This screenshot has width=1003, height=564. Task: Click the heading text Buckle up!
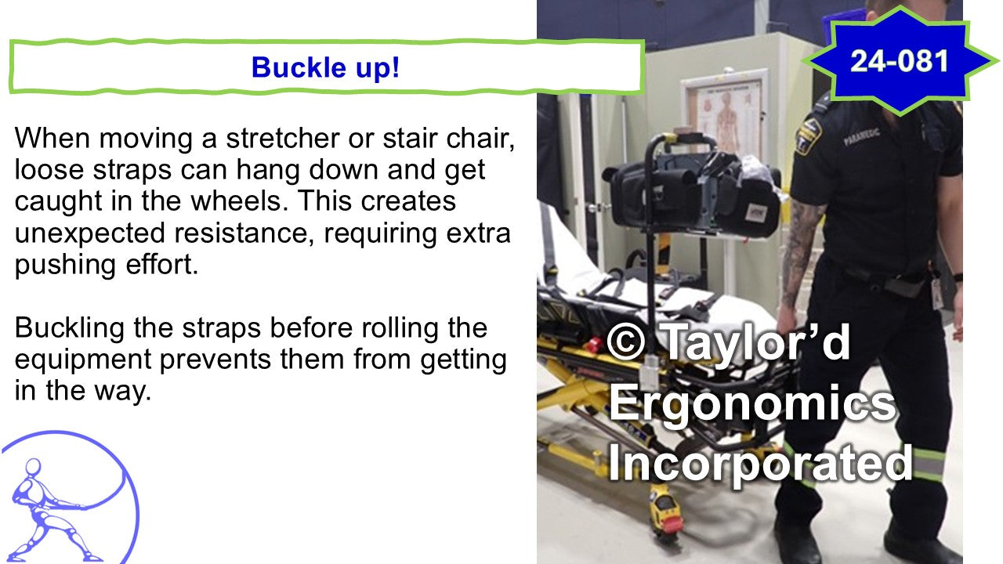pos(325,67)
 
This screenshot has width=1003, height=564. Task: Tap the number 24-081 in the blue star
pos(899,61)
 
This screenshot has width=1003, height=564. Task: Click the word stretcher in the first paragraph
pos(283,139)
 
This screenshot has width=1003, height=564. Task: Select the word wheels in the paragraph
pos(240,201)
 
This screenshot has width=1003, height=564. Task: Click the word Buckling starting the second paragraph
pos(70,329)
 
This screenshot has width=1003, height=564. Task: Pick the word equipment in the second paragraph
pos(83,360)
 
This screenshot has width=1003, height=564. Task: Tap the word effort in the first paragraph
pos(161,265)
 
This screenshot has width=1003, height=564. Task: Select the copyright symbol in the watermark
pos(625,342)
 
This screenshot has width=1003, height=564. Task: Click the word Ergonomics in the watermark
pos(751,403)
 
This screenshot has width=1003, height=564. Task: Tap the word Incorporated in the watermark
pos(759,463)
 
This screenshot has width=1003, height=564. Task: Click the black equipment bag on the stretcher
pos(693,192)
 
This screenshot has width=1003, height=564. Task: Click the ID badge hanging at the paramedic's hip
pos(936,293)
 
